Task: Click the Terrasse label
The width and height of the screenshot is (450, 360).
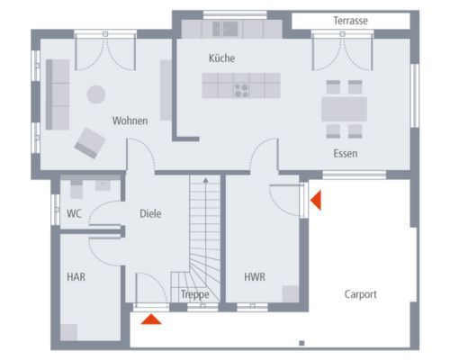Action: [x=350, y=21]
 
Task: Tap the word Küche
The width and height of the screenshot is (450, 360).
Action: [x=221, y=58]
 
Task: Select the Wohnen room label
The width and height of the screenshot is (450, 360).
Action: [x=130, y=121]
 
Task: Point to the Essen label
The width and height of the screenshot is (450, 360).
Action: [x=346, y=154]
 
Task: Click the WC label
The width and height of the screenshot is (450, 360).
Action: [x=74, y=213]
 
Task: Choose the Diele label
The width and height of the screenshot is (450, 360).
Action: [x=150, y=213]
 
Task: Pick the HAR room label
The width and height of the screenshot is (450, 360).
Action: [x=76, y=276]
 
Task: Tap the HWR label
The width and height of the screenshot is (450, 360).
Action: [x=255, y=276]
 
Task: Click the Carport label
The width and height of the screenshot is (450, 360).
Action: [x=360, y=294]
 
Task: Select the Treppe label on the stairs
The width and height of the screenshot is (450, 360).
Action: [x=195, y=295]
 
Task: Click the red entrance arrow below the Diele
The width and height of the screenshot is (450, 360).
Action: [x=151, y=319]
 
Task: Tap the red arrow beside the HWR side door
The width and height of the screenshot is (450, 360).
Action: [x=316, y=200]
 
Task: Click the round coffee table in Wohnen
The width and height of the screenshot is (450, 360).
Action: [x=96, y=94]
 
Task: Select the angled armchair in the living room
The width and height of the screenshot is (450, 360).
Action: [x=90, y=143]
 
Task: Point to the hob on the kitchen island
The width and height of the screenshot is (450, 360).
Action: [x=241, y=91]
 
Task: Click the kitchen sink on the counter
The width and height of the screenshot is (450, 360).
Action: [x=225, y=29]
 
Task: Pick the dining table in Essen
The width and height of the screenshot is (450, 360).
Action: [x=345, y=109]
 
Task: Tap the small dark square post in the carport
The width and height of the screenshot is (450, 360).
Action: [x=301, y=343]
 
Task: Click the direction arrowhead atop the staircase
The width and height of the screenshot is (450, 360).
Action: [x=205, y=180]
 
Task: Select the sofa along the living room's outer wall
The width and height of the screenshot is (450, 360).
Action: [x=58, y=94]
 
